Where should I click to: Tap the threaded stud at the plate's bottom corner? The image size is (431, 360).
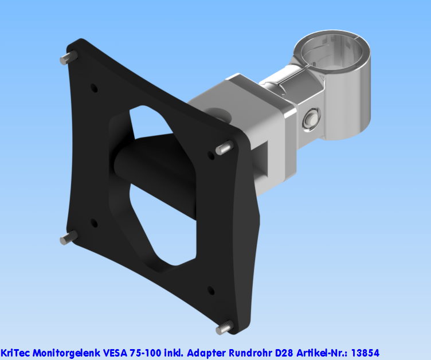click(x=225, y=327)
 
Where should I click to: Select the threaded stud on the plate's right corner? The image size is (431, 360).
click(x=225, y=148)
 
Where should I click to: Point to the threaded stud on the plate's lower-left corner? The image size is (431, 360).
click(x=70, y=236)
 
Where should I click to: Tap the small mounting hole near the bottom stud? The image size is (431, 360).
click(x=210, y=291)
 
